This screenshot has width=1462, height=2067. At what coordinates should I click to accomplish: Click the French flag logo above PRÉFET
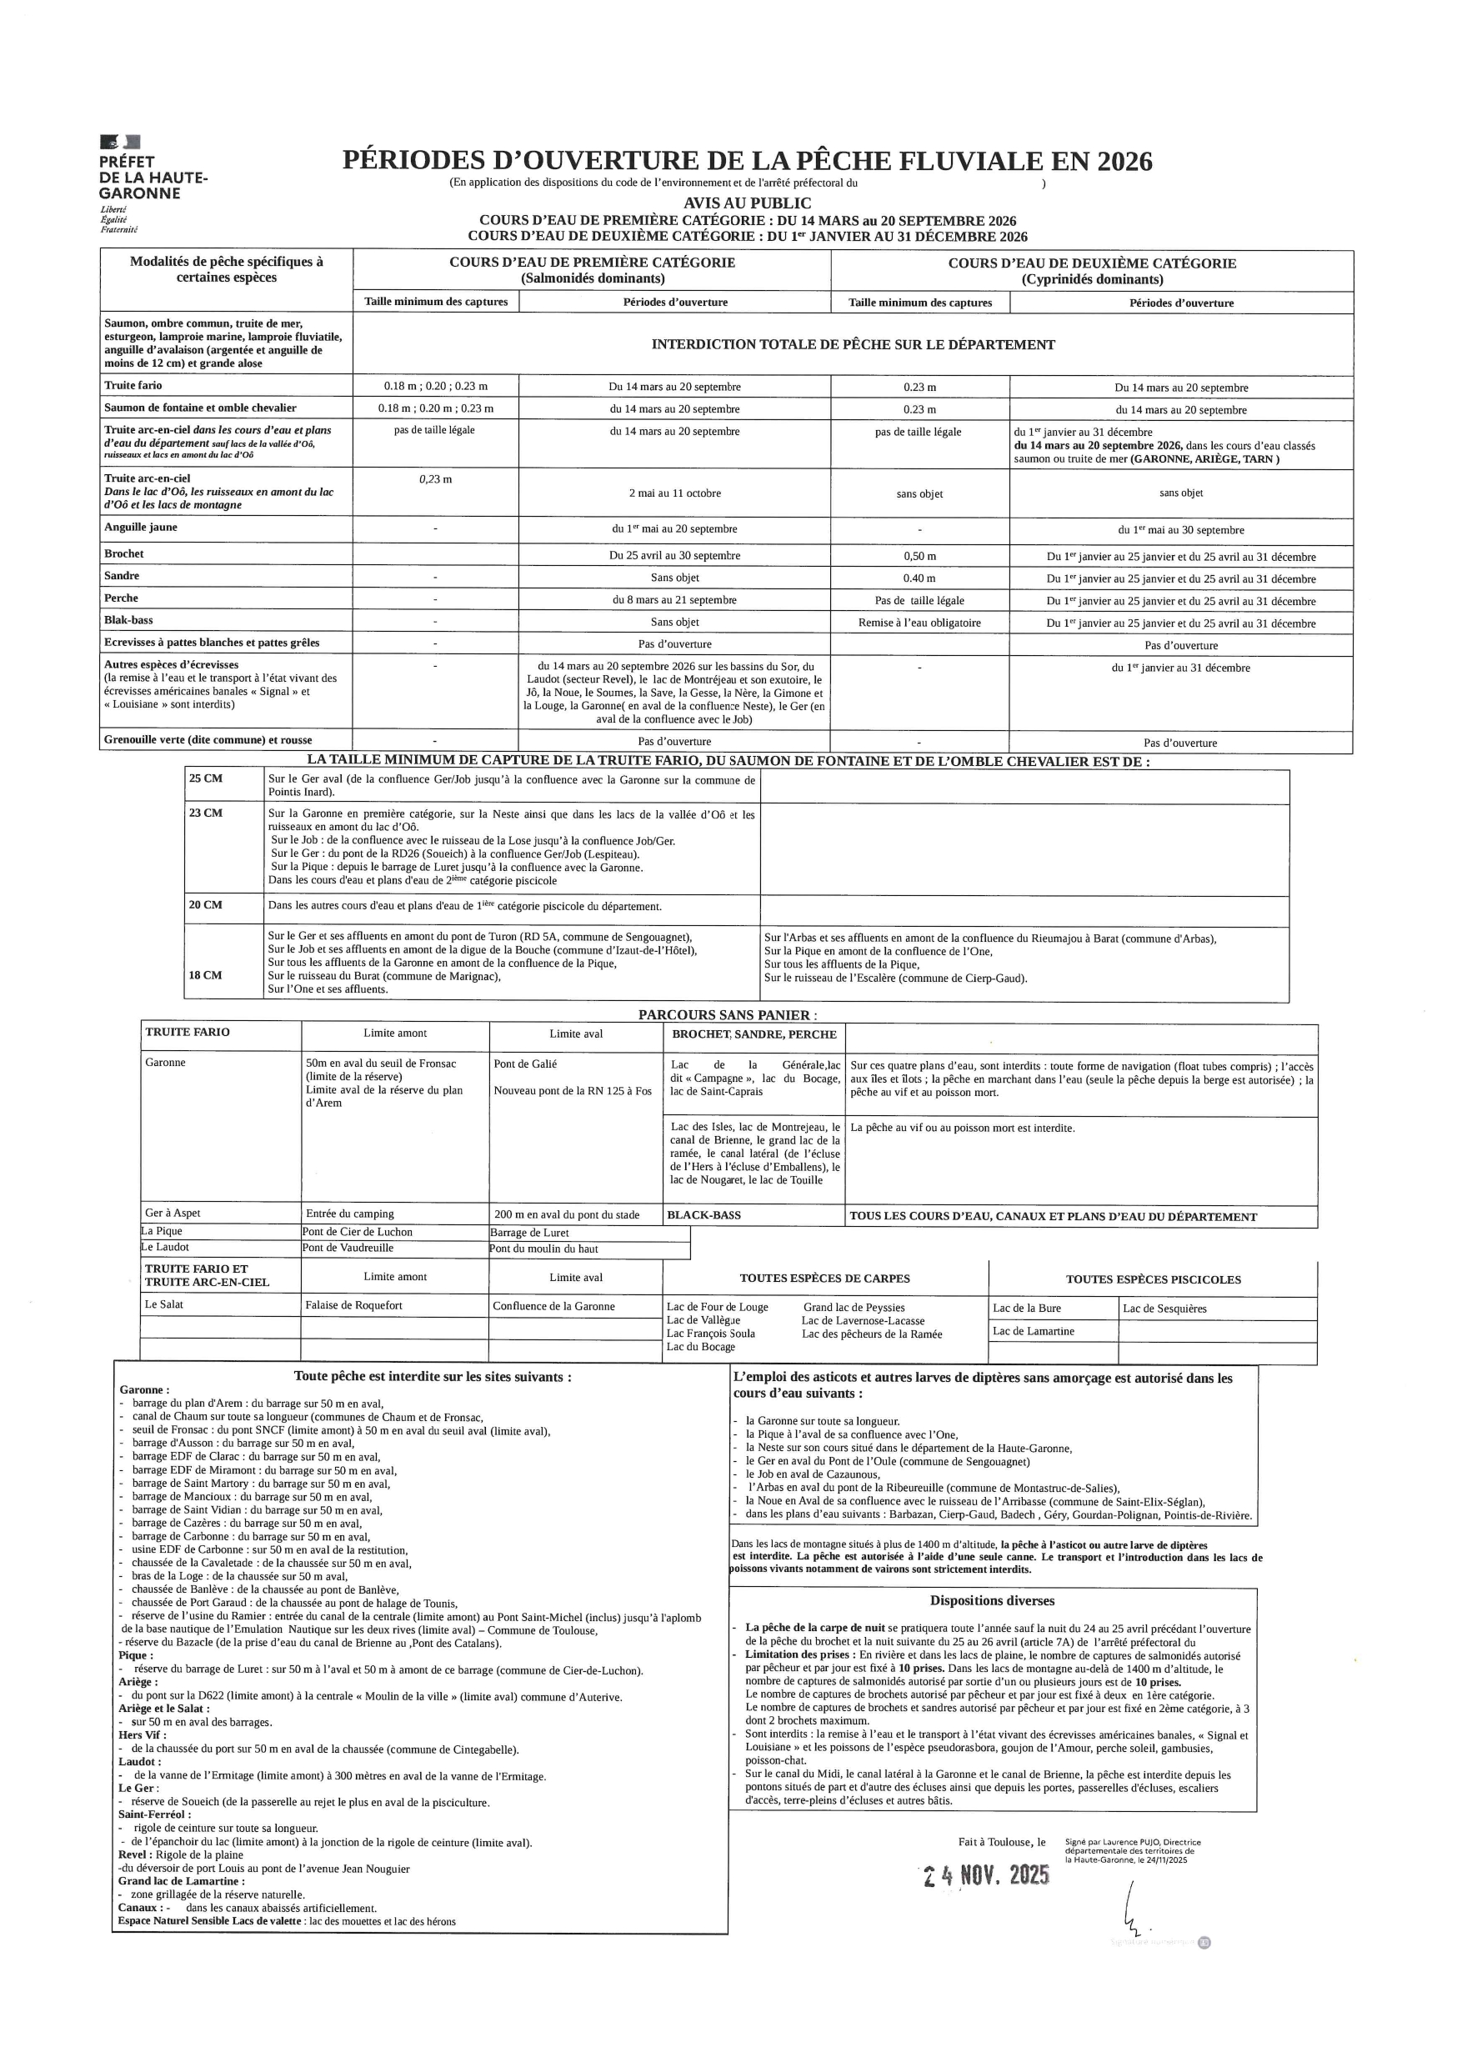120,142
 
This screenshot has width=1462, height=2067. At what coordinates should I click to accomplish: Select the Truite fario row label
133,385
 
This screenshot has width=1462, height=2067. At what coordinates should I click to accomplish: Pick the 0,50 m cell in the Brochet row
919,557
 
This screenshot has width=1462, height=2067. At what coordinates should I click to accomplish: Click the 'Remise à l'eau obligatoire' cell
919,622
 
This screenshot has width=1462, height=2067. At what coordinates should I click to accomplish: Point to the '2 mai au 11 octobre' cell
674,493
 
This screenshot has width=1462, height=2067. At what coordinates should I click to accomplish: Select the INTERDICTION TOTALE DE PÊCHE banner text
853,344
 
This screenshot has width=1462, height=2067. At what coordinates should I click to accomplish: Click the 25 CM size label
205,778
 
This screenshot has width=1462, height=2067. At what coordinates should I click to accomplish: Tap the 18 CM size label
205,975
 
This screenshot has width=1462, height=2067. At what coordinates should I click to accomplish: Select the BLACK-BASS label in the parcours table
703,1215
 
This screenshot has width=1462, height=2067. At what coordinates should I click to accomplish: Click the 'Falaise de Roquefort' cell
353,1305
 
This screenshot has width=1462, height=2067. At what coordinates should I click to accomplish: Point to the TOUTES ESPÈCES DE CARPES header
824,1279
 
